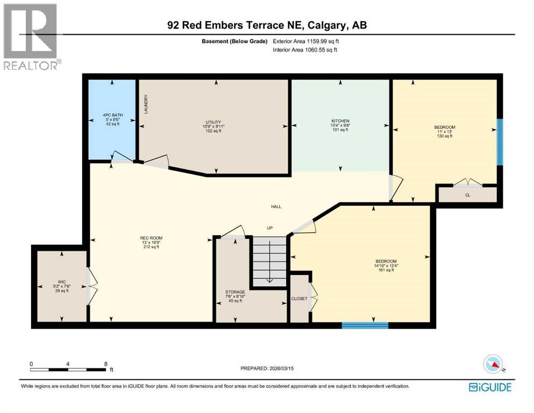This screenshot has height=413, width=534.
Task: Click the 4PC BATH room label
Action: point(112,115)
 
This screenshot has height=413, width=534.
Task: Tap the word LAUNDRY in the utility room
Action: point(146,104)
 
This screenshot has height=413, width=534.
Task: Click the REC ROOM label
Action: point(151,238)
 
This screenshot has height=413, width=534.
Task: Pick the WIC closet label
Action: point(61,281)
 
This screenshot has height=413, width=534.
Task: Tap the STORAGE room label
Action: point(235,292)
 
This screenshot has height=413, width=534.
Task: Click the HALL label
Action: point(276,206)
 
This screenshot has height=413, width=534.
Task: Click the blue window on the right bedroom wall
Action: point(500,141)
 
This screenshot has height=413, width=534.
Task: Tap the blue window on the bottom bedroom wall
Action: point(365,325)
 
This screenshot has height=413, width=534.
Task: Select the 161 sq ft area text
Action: point(385,270)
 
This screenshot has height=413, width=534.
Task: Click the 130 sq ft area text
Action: point(444,136)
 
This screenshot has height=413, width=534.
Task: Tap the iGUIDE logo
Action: point(490,387)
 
